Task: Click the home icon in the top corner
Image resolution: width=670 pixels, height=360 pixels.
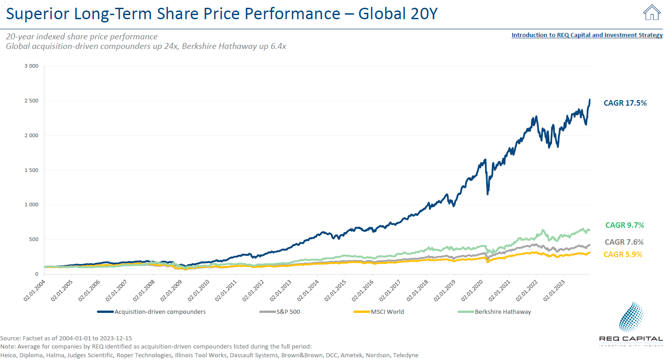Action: [x=652, y=13]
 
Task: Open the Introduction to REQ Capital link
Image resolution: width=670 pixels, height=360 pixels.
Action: [x=587, y=35]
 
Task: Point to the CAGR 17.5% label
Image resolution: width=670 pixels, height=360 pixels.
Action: [x=625, y=103]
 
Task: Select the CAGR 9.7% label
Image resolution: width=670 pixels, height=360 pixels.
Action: [x=624, y=225]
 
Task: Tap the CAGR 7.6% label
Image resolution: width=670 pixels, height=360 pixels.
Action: [x=624, y=242]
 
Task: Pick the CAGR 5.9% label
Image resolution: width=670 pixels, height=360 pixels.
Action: [x=623, y=254]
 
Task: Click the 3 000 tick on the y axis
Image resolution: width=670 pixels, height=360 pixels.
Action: [x=30, y=66]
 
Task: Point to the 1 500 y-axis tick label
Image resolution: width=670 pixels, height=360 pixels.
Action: [x=30, y=170]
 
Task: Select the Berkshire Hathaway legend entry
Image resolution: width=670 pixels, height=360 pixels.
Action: [x=503, y=312]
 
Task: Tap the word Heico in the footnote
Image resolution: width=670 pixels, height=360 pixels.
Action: [x=8, y=355]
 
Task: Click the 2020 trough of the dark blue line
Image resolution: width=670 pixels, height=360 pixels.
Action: [x=488, y=194]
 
